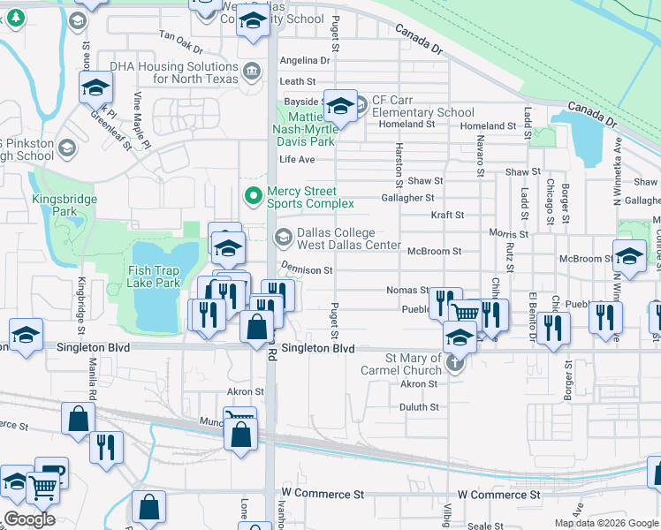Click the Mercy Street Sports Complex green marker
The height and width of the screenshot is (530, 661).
pos(254,194)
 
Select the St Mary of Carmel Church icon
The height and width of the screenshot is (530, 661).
pos(455,363)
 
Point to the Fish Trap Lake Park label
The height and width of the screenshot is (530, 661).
pos(154,276)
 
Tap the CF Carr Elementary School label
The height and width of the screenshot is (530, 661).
pos(422,106)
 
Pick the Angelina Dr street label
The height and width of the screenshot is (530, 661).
pos(304,61)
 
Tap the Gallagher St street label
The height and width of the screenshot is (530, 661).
pos(407,198)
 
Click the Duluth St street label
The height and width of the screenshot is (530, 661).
pos(419,407)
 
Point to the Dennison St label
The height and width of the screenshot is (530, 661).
pos(307,269)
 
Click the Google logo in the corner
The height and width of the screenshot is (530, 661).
pos(29,519)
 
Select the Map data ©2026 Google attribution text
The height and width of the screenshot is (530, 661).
pos(605,523)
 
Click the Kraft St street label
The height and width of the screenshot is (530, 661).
pos(447,215)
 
